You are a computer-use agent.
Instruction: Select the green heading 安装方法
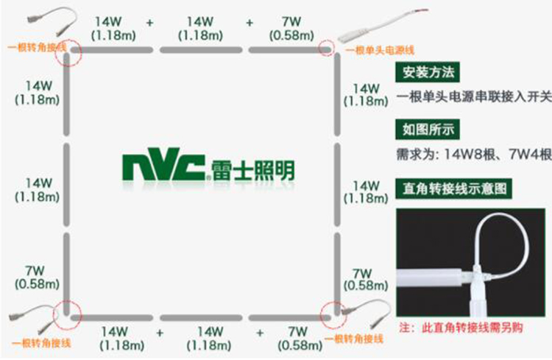[427, 73]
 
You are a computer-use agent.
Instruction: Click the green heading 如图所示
[427, 130]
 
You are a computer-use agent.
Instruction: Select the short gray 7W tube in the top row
[284, 50]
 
